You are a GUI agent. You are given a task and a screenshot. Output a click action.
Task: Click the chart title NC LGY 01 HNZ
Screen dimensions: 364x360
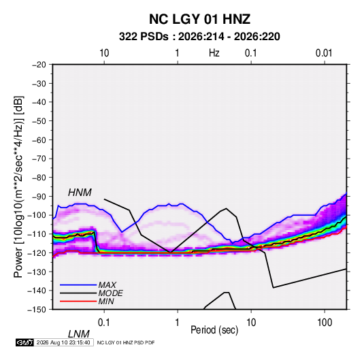click(x=199, y=19)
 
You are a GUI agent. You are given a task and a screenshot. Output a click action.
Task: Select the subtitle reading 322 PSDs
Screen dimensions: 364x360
click(x=144, y=37)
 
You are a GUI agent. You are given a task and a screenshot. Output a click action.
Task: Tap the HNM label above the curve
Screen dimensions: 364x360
click(x=80, y=193)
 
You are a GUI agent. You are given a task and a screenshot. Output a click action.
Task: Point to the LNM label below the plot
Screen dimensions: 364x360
click(x=78, y=334)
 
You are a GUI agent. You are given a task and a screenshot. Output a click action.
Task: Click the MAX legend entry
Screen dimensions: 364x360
click(x=107, y=284)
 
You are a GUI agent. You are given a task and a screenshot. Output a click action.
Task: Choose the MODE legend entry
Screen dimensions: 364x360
click(x=110, y=293)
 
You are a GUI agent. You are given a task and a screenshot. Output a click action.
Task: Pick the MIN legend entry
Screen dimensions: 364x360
click(x=106, y=301)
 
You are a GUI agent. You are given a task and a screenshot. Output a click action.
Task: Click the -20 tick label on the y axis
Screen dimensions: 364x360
click(x=39, y=65)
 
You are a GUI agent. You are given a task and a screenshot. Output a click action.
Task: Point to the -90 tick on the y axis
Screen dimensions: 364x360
click(x=39, y=197)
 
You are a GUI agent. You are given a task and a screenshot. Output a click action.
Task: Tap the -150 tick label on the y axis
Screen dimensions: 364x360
click(x=37, y=310)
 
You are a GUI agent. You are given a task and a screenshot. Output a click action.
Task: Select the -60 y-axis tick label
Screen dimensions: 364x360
click(x=39, y=140)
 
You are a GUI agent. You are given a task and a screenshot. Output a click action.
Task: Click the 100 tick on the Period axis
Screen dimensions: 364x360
click(x=325, y=323)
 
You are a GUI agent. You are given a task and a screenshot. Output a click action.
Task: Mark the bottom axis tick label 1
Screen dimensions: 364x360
click(x=178, y=323)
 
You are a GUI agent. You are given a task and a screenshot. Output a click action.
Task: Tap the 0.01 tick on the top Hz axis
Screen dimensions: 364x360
click(x=324, y=53)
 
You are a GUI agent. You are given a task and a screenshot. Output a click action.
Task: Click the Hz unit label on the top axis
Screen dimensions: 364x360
click(x=214, y=53)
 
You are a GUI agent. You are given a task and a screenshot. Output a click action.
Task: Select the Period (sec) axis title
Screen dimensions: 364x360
click(x=214, y=330)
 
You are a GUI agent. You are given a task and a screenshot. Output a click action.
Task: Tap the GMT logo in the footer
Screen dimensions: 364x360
click(x=24, y=342)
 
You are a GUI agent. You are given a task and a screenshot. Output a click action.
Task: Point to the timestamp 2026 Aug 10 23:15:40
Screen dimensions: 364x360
click(x=63, y=342)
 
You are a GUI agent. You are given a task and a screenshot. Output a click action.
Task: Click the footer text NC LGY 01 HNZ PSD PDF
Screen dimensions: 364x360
click(x=126, y=342)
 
